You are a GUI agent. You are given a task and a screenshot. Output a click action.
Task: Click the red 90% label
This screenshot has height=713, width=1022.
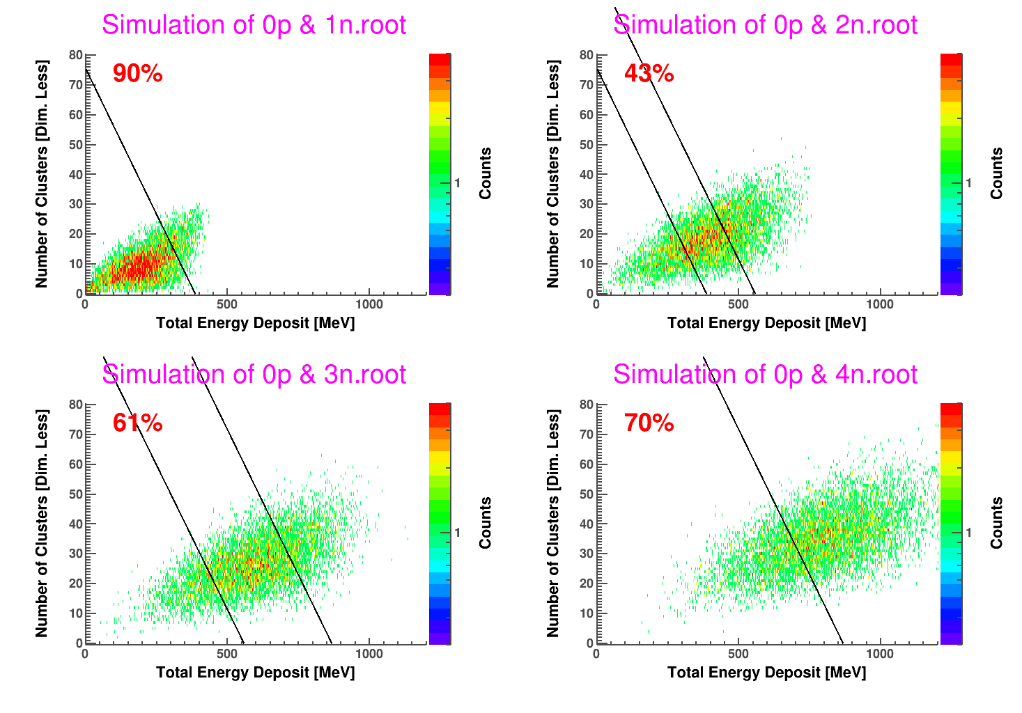[x=137, y=73]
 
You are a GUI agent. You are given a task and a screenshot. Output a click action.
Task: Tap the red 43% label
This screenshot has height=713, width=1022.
[x=649, y=73]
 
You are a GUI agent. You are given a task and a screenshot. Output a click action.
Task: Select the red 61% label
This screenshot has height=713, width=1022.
[x=137, y=423]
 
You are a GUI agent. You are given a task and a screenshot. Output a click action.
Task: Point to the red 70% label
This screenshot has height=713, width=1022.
[x=649, y=423]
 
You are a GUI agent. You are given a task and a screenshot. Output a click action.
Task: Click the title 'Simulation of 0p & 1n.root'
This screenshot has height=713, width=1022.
[x=254, y=25]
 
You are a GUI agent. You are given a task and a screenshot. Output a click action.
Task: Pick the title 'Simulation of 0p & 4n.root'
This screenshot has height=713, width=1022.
[x=765, y=375]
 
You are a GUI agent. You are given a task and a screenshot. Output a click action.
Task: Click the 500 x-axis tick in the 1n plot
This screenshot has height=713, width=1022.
[x=226, y=304]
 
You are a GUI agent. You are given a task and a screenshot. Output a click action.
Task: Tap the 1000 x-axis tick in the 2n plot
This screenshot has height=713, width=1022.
[x=879, y=304]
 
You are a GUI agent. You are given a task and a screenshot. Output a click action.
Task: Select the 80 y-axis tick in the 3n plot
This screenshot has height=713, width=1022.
[x=75, y=405]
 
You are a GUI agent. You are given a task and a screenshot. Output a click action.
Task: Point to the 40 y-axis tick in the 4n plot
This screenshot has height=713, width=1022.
[x=587, y=524]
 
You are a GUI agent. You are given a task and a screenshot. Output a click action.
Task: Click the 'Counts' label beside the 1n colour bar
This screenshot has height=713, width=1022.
[x=486, y=173]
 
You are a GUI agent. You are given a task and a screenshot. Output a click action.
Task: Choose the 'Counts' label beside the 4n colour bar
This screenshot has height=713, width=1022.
[x=997, y=523]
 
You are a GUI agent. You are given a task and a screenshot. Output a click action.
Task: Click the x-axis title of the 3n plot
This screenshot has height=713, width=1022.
[x=255, y=673]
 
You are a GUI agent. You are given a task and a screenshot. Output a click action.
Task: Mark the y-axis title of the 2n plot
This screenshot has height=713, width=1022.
[x=553, y=173]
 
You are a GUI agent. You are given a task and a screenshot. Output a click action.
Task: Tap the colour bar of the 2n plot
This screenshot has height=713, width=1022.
[x=951, y=174]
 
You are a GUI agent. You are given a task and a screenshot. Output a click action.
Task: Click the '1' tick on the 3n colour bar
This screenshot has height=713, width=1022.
[x=458, y=533]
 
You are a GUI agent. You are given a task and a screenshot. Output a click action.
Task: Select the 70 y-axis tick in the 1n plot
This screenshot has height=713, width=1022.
[x=75, y=85]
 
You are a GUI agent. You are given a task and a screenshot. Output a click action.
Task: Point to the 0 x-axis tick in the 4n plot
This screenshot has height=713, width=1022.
[x=596, y=654]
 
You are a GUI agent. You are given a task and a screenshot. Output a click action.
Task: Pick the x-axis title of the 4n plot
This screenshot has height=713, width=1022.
[x=766, y=673]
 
